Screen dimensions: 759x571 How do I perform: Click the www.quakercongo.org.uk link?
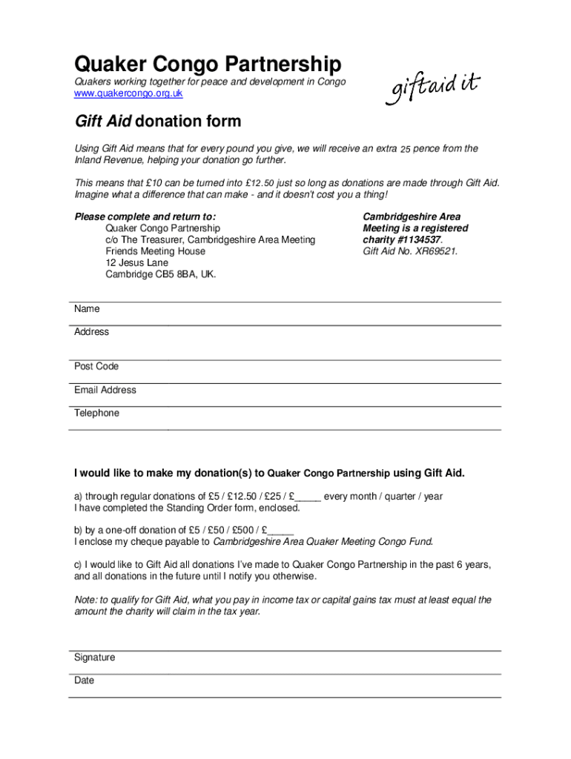(x=128, y=94)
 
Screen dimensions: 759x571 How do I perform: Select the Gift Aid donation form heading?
(x=157, y=121)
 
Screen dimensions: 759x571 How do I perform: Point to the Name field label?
(x=87, y=309)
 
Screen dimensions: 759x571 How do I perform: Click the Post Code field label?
(x=96, y=367)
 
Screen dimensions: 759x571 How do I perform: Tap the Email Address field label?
(x=105, y=390)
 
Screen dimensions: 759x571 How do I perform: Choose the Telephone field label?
(x=96, y=413)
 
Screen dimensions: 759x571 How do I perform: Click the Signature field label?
(x=95, y=657)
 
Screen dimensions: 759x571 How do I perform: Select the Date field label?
(x=85, y=680)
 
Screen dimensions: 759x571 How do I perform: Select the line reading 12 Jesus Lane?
(x=137, y=263)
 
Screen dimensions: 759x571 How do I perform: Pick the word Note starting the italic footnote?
(x=85, y=600)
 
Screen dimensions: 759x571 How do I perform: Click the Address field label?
(x=92, y=332)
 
